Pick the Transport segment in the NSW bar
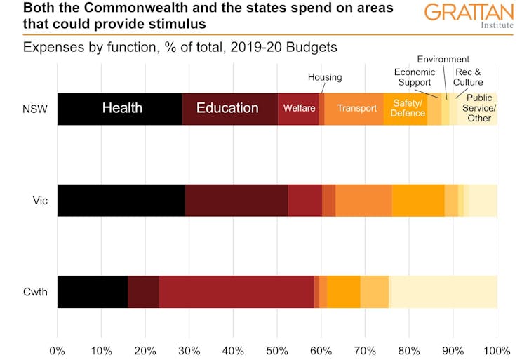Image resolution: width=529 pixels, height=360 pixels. pos(356,108)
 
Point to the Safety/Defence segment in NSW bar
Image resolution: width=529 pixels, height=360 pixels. pos(407,108)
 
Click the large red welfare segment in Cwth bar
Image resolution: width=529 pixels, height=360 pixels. pos(236,291)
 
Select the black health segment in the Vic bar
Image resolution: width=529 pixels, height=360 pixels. pos(121,200)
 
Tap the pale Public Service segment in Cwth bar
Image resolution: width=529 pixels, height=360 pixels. pos(443,291)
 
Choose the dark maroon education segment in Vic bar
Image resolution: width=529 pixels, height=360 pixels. pos(236,200)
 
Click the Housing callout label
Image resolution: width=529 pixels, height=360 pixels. pos(325,77)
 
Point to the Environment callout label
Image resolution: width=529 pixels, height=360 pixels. pos(443,59)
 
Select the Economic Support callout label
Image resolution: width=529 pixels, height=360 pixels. pos(415,77)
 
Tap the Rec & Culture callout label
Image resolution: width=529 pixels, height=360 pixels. pos(469,77)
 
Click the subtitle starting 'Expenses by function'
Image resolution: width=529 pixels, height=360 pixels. pos(180,48)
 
